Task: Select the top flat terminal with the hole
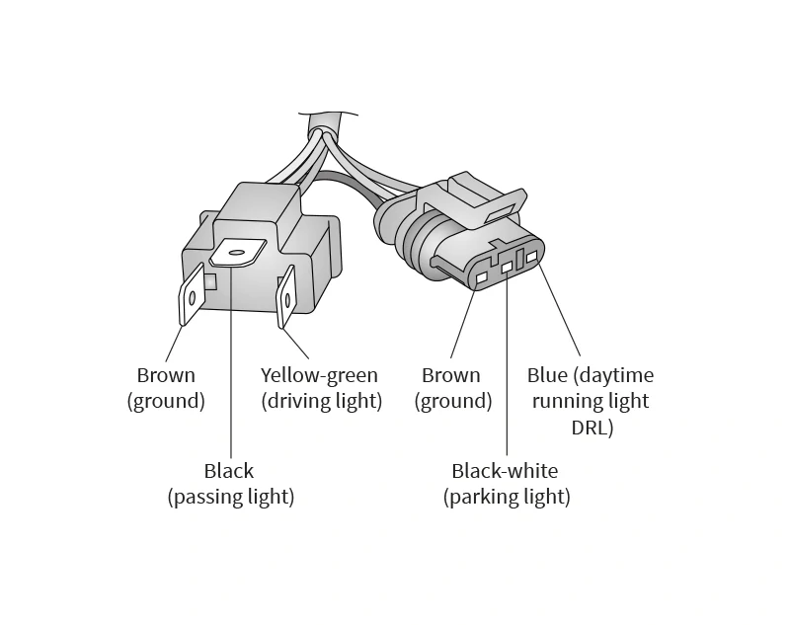click(x=237, y=252)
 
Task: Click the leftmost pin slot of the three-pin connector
click(x=482, y=277)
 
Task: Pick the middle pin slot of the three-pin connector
click(x=507, y=267)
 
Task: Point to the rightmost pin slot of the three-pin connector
click(x=532, y=257)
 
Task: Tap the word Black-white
click(x=505, y=471)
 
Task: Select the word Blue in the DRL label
click(x=547, y=375)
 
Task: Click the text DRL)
click(x=592, y=428)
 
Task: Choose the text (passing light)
click(x=231, y=497)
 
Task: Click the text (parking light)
click(x=507, y=497)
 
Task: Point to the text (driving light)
click(x=322, y=402)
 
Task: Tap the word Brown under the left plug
click(x=166, y=375)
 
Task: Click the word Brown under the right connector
click(x=451, y=375)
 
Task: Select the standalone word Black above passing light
click(x=229, y=471)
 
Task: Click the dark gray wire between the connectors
click(x=348, y=183)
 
